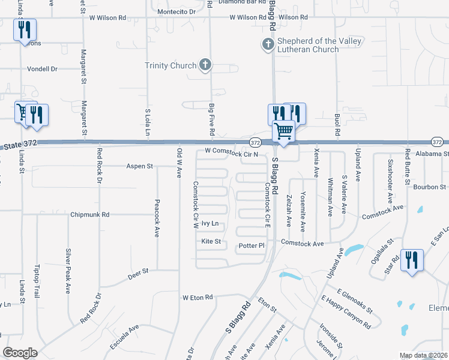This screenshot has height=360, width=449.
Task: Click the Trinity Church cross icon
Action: coord(205,65)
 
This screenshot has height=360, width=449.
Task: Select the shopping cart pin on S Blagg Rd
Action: coord(283,130)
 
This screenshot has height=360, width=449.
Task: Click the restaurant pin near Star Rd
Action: coord(412,260)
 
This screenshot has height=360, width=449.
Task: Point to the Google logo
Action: coord(20,352)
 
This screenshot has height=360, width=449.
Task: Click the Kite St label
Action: coord(211,242)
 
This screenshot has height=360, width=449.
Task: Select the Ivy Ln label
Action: coord(209,224)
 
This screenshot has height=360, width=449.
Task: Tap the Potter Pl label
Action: coord(252,246)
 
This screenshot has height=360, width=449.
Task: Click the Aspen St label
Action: coord(139,166)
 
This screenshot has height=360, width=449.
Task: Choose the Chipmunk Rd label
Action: coord(89,214)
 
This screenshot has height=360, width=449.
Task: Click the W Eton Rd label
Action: coord(197,297)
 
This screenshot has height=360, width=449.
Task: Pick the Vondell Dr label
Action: coord(41,69)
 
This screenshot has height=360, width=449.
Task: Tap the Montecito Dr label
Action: coord(176,11)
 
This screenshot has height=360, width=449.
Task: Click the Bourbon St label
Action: coord(430,187)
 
